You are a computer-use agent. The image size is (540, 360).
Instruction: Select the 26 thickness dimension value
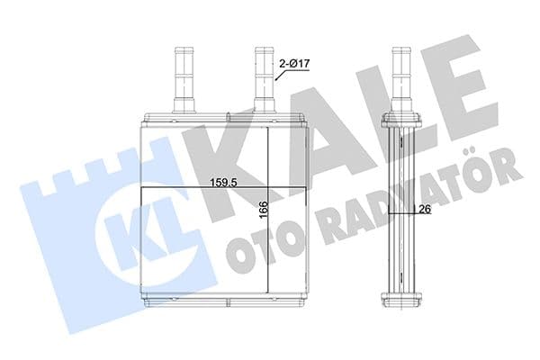(421, 210)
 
